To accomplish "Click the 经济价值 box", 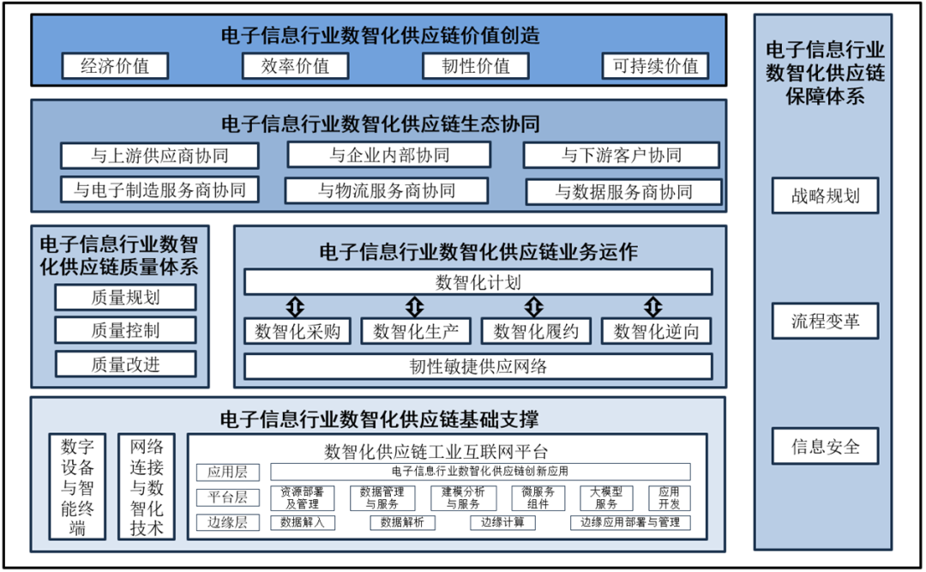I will pos(114,66).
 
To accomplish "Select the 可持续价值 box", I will pos(655,66).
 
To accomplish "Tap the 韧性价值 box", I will pos(475,66).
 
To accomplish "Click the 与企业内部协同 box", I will pos(388,155).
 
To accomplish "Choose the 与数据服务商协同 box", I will pos(623,191).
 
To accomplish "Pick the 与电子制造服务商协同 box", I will pos(159,190).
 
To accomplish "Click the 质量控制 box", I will pos(125,330).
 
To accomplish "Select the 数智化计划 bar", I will pos(478,282).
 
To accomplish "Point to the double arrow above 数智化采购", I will pos(296,306).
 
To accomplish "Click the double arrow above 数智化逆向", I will pos(654,306).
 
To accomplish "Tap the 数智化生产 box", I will pos(416,331).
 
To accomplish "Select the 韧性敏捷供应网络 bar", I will pos(478,366).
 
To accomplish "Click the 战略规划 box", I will pos(825,195).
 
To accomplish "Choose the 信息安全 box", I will pos(825,447).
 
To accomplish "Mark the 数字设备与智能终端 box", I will pos(78,486).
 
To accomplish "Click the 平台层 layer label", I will pos(227,497).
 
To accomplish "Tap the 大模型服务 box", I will pos(606,498).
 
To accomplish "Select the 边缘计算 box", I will pos(502,522).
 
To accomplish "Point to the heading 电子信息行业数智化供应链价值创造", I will pos(380,35).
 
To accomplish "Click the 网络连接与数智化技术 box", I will pos(147,486).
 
